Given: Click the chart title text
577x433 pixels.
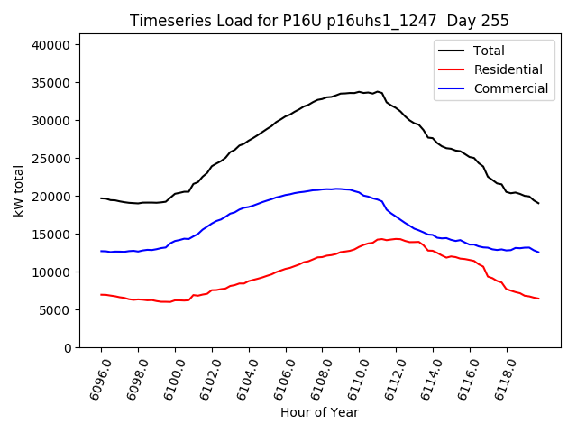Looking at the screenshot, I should pyautogui.click(x=319, y=21).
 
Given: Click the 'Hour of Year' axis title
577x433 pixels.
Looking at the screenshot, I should pyautogui.click(x=319, y=412).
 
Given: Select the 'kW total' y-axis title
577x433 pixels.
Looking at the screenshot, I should pyautogui.click(x=18, y=190).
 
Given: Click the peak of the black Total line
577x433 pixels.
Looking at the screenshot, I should pyautogui.click(x=359, y=92).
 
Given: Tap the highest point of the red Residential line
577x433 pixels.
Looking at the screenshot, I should pyautogui.click(x=381, y=239).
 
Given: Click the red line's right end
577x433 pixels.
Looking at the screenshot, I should pyautogui.click(x=539, y=299).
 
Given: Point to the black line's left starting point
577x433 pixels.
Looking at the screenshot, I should pyautogui.click(x=101, y=198).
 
